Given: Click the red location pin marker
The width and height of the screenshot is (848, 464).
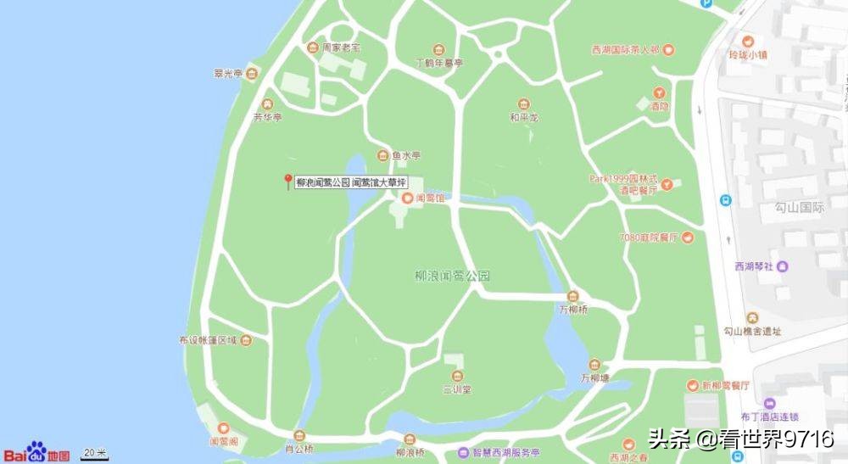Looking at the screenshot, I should pyautogui.click(x=288, y=180).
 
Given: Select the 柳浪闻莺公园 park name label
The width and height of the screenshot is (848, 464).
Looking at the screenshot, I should pyautogui.click(x=453, y=276).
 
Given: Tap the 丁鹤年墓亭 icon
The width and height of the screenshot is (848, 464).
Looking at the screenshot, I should pyautogui.click(x=438, y=50).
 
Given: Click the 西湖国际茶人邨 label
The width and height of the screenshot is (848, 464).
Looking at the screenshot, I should pyautogui.click(x=625, y=50).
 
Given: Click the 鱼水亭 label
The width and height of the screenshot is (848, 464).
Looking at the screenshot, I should pyautogui.click(x=406, y=155).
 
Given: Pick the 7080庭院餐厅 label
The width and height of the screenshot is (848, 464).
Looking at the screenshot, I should pyautogui.click(x=650, y=237).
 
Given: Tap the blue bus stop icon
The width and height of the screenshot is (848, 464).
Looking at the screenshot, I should pyautogui.click(x=726, y=201).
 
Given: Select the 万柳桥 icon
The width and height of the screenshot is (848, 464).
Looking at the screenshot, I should pyautogui.click(x=574, y=296).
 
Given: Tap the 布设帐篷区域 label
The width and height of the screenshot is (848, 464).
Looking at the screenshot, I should pyautogui.click(x=207, y=340).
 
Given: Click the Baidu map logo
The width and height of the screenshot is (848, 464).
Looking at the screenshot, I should pyautogui.click(x=36, y=452).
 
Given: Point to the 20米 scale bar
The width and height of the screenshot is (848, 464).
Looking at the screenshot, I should pyautogui.click(x=95, y=454).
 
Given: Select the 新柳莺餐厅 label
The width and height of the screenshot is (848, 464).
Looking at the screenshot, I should pyautogui.click(x=725, y=386).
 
